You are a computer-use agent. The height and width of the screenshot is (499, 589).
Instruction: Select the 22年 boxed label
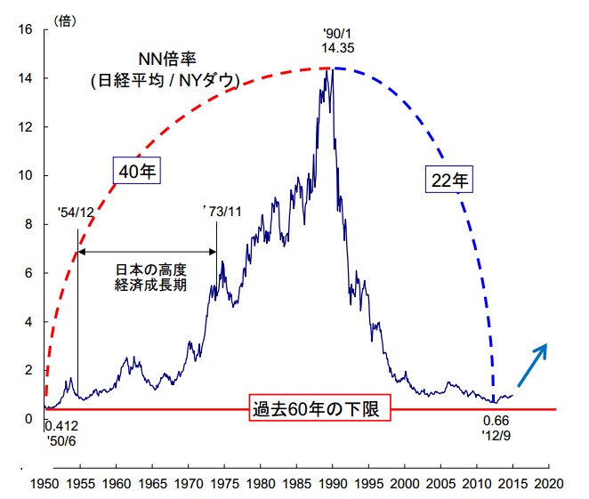449,180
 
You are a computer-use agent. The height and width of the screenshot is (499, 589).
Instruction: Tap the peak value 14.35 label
339,50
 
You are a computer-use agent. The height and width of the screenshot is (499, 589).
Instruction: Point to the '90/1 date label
339,34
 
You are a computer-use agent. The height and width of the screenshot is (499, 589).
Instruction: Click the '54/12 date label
76,213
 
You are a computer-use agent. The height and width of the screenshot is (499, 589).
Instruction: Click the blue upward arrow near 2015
532,364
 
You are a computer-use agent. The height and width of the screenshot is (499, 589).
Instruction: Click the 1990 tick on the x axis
332,485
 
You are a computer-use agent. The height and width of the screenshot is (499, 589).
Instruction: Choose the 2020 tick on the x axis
548,485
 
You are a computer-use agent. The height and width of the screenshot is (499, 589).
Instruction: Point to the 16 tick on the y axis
26,29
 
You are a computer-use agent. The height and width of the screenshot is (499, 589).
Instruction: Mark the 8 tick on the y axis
28,224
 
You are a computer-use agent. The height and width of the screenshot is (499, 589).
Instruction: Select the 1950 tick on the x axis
44,485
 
